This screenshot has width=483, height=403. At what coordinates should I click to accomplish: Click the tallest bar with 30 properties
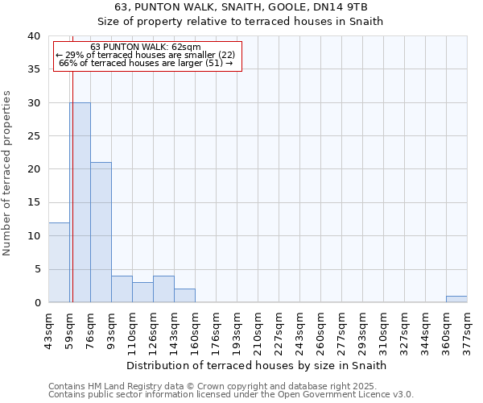click(80, 202)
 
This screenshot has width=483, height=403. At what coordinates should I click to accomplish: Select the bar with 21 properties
click(101, 232)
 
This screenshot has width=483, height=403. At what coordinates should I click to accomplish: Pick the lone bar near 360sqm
click(456, 299)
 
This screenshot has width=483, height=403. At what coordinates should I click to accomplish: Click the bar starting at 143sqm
click(184, 296)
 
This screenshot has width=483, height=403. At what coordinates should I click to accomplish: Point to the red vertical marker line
click(72, 185)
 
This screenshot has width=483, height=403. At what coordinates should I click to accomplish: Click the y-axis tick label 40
click(33, 36)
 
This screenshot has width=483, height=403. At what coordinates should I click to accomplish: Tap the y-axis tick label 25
click(33, 136)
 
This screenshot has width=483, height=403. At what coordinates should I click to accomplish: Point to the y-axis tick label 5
click(36, 269)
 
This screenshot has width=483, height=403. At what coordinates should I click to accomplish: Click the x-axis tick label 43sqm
click(48, 329)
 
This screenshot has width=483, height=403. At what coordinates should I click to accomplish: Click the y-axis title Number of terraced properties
click(7, 172)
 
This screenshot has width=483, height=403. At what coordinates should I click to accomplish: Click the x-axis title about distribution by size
click(257, 365)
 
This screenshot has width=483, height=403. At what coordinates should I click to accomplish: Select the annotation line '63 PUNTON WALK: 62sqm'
click(146, 47)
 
